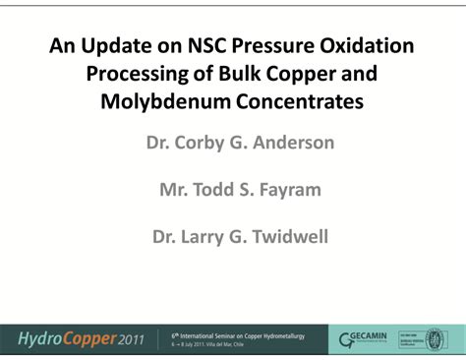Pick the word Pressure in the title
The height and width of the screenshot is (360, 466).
pyautogui.click(x=273, y=46)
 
